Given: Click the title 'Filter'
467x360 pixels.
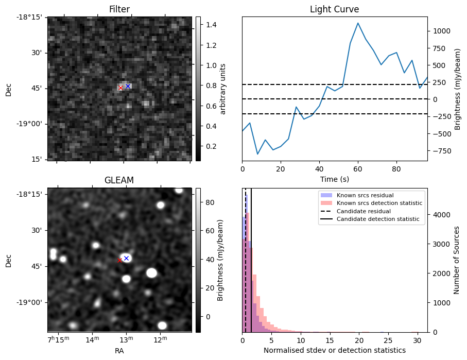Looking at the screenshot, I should coord(119,9).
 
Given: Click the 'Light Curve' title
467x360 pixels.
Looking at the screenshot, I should coord(334,9).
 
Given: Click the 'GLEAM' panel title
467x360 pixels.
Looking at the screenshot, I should coord(119,180).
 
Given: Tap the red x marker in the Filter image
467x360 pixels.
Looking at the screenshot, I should coord(120,88).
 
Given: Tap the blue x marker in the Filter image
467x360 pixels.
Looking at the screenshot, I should coord(128,86).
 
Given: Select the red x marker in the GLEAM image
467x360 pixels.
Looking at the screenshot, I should coord(119,260).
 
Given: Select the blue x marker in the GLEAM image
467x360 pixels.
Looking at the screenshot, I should coord(126,258).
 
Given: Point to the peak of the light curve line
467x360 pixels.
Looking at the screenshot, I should coord(358,23).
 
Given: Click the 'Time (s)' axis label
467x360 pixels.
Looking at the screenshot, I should coord(334,179).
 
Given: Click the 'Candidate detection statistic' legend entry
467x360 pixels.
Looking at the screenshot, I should coord(377,219).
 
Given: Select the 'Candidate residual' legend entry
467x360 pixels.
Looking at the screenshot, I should coord(364,211).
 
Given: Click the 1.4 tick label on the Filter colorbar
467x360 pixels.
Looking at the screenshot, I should coord(211,25).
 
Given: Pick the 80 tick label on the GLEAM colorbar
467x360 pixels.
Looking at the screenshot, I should coord(210,203).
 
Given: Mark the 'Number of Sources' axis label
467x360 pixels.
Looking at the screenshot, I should coord(456,260).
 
